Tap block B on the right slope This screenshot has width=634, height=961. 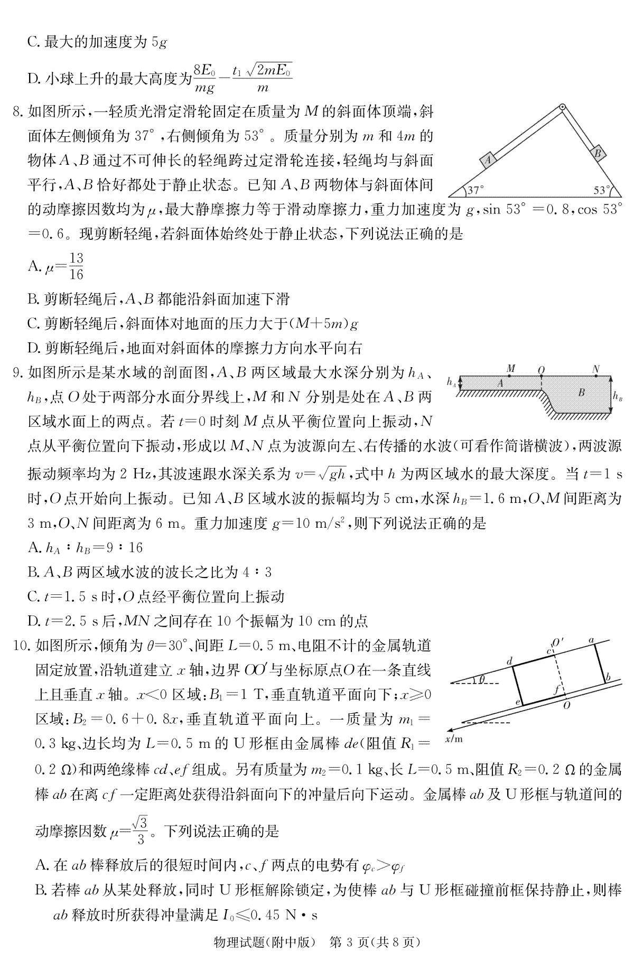click(598, 154)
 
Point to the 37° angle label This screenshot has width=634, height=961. click(475, 189)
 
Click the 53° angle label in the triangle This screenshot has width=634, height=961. click(601, 189)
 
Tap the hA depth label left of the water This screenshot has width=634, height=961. click(451, 382)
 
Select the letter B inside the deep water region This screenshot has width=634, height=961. click(581, 392)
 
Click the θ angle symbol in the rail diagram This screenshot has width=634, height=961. click(481, 680)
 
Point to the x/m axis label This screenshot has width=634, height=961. click(453, 739)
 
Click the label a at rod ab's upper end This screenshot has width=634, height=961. click(591, 641)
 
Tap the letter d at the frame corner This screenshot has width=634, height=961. click(509, 661)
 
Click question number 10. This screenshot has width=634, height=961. click(19, 646)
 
